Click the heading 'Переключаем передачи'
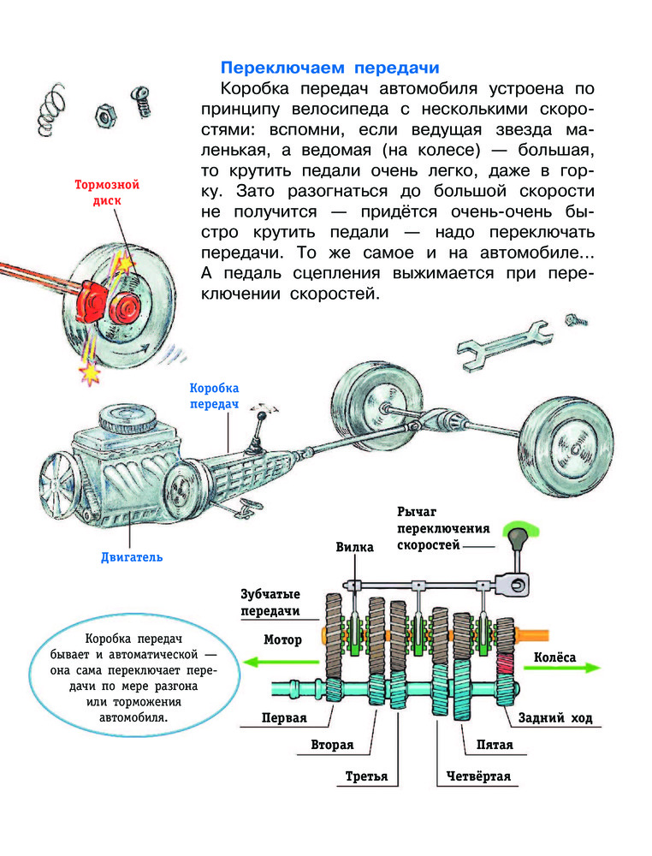point(329,67)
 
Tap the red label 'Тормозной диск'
point(106,192)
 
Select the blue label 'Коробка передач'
point(213,395)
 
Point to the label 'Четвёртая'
point(478,776)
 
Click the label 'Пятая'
point(495,745)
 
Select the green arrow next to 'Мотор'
point(265,662)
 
